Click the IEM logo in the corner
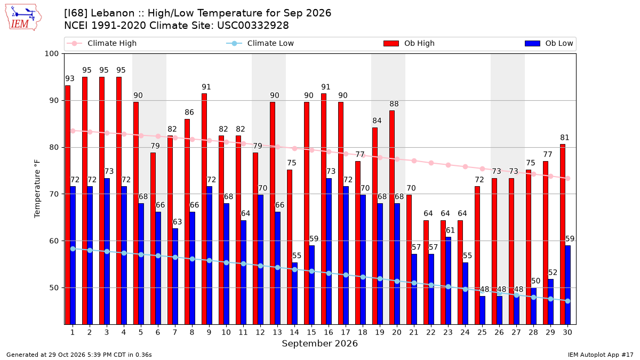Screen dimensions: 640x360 23,18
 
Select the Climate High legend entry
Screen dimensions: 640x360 101,43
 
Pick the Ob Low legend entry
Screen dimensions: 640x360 549,43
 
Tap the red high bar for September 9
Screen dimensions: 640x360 204,209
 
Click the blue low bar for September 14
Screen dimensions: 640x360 294,293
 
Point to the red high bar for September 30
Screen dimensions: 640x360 563,234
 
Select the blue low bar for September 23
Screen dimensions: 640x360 449,281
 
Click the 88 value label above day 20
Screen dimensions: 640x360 394,103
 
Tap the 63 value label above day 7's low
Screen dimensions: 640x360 177,222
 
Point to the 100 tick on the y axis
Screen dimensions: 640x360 51,54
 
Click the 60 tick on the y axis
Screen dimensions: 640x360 54,241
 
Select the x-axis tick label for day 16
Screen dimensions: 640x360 329,332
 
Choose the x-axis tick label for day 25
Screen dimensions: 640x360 482,332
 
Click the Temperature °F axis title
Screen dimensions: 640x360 37,189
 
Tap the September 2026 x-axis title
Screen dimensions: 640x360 319,343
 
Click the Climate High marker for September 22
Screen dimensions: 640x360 431,163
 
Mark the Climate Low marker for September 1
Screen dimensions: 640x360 73,249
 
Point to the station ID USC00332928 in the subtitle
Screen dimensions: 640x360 253,26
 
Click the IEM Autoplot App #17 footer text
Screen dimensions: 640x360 601,355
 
